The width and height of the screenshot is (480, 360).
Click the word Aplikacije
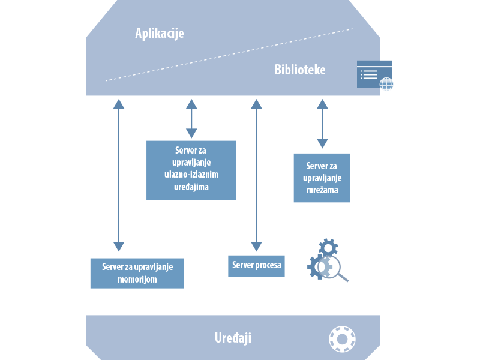(x=160, y=33)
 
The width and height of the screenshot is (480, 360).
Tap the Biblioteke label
(x=300, y=70)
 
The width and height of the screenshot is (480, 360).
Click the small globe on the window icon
(x=386, y=84)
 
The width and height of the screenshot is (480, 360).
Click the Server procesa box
(x=256, y=265)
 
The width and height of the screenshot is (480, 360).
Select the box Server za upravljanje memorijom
(x=137, y=273)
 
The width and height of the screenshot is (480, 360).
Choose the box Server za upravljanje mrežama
(x=322, y=178)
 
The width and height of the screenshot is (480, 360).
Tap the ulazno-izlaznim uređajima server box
(x=191, y=170)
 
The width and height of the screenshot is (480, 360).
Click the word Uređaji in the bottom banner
(x=233, y=338)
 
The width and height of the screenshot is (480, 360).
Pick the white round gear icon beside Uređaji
(x=343, y=339)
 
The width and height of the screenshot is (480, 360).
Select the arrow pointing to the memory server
(x=119, y=175)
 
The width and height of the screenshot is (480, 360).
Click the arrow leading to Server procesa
(x=257, y=175)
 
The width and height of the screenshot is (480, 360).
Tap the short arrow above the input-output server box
(x=191, y=119)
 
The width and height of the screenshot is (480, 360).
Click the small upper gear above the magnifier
(x=328, y=247)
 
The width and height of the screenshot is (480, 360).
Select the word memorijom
(x=137, y=279)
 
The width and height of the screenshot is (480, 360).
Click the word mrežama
(x=322, y=190)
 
